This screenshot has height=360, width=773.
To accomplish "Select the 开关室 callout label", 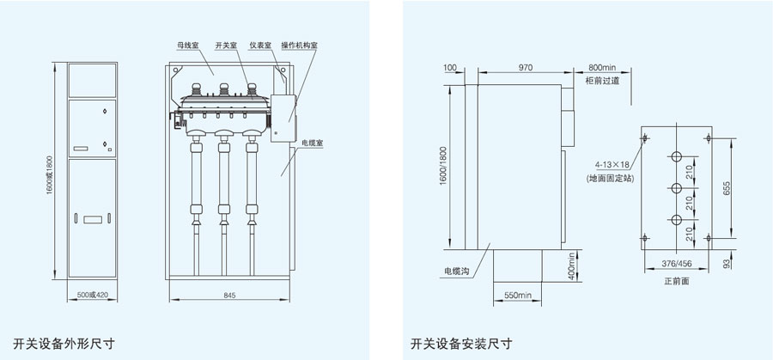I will click(x=225, y=45).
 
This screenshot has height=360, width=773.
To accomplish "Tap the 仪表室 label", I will click(x=260, y=45).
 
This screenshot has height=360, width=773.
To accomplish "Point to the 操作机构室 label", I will click(x=301, y=45).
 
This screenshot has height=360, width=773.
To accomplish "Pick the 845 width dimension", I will click(x=229, y=295).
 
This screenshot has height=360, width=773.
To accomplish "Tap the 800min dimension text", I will click(x=603, y=67).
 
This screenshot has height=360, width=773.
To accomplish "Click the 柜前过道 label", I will click(x=602, y=81).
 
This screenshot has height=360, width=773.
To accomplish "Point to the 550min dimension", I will click(x=519, y=295).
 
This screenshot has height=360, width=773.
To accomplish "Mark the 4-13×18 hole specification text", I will click(x=611, y=163).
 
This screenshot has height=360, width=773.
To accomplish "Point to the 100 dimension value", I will click(x=450, y=67).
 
